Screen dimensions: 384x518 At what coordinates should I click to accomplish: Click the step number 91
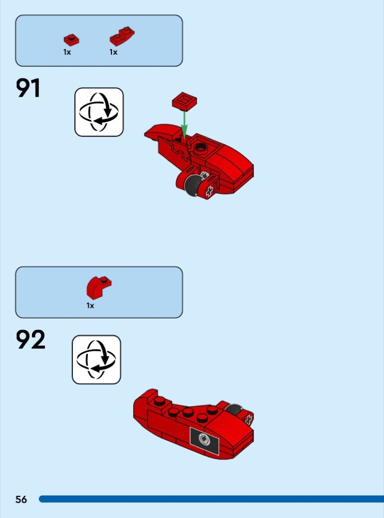click(28, 88)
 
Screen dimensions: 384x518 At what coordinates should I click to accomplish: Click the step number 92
click(31, 339)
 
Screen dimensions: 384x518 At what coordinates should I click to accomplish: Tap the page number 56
click(21, 499)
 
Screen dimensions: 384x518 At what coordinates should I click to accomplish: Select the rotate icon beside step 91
click(99, 112)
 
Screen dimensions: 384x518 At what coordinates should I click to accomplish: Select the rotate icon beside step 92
click(97, 360)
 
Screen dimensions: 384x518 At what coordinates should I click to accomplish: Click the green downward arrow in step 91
click(184, 125)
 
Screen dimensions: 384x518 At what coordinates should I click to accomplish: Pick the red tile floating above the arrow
click(184, 101)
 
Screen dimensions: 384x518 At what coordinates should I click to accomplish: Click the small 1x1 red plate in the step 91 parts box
click(71, 40)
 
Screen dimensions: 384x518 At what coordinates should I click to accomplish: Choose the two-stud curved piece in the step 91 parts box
click(122, 36)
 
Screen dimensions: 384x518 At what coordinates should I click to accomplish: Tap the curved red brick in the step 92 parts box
click(99, 288)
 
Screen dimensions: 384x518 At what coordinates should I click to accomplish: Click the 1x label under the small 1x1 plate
click(67, 52)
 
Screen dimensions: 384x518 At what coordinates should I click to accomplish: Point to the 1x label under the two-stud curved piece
click(113, 52)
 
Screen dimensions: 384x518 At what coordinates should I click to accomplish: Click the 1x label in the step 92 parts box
click(90, 305)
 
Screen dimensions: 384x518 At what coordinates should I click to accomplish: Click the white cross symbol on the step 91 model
click(209, 191)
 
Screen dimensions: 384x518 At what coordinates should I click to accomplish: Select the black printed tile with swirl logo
click(205, 441)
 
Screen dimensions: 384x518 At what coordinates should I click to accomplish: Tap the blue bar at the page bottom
click(211, 499)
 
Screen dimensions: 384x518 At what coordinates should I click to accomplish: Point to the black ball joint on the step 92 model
click(234, 410)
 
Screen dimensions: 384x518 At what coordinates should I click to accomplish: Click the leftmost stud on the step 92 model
click(160, 401)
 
